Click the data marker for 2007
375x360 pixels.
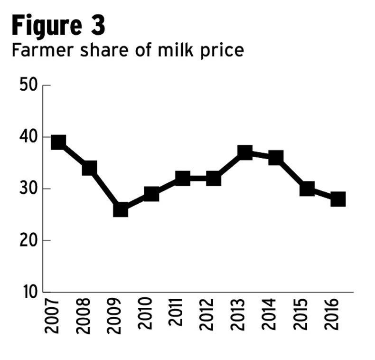point(58,142)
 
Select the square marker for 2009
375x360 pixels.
point(121,209)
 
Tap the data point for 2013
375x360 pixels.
point(245,152)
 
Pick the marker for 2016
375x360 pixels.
point(338,199)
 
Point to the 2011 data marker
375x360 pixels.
point(183,179)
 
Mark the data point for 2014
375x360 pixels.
point(276,158)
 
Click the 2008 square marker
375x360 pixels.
point(89,168)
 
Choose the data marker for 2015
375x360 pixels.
point(307,189)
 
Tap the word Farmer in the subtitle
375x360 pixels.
point(36,50)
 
